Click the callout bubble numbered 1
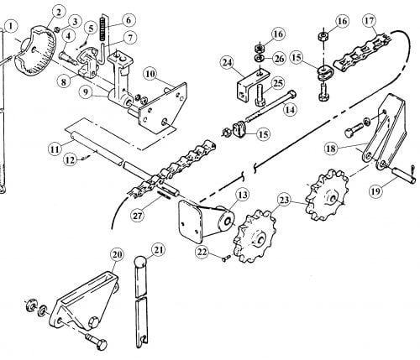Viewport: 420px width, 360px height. click(x=11, y=26)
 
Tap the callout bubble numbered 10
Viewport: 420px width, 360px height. click(x=150, y=74)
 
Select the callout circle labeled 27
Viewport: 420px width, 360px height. click(x=139, y=216)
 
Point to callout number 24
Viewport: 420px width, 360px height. click(x=228, y=63)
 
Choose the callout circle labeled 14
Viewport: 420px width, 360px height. click(x=290, y=110)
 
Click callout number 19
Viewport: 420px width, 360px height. click(x=375, y=191)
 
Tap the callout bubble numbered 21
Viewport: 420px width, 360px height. click(x=158, y=251)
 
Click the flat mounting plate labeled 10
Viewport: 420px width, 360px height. click(x=164, y=107)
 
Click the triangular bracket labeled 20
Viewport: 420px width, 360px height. click(x=84, y=300)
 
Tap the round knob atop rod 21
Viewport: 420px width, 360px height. click(x=140, y=263)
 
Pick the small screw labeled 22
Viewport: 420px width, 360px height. click(x=226, y=258)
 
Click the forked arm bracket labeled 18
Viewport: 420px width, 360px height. click(x=385, y=132)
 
